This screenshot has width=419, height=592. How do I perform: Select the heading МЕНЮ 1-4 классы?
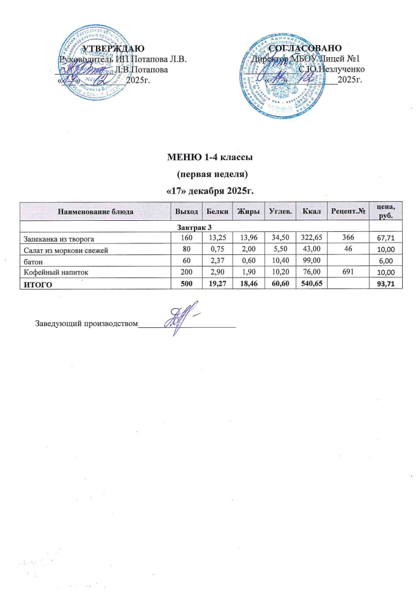[211, 157]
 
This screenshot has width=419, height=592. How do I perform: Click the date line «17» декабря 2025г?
[211, 190]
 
